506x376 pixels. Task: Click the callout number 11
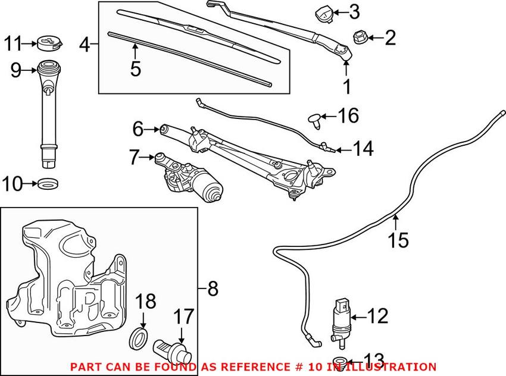click(x=13, y=43)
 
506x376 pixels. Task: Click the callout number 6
click(x=138, y=128)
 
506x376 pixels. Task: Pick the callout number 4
click(x=85, y=44)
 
